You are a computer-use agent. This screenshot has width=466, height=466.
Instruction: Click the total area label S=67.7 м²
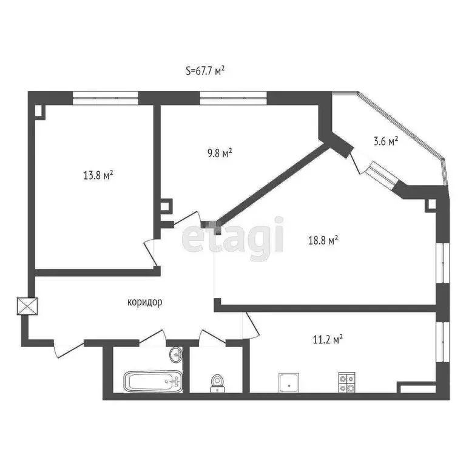click(x=205, y=70)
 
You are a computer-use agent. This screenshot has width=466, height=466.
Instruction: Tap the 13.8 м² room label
click(x=98, y=176)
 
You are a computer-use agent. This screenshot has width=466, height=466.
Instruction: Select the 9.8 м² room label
click(x=218, y=153)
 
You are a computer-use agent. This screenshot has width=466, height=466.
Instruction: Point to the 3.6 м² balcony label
click(x=385, y=141)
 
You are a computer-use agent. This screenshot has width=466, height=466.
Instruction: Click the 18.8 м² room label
click(x=323, y=240)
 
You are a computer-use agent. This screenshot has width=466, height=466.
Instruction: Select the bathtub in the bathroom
click(x=152, y=382)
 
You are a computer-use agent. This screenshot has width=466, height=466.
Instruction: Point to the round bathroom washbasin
click(x=175, y=354)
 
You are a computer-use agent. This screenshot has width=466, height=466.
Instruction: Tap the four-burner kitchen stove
click(x=347, y=381)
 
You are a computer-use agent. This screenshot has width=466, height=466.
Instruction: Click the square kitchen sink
click(x=288, y=382)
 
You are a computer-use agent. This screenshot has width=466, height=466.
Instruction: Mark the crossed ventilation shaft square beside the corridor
click(x=29, y=305)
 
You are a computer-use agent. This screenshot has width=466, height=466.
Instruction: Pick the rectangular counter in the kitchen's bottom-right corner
click(x=416, y=387)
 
